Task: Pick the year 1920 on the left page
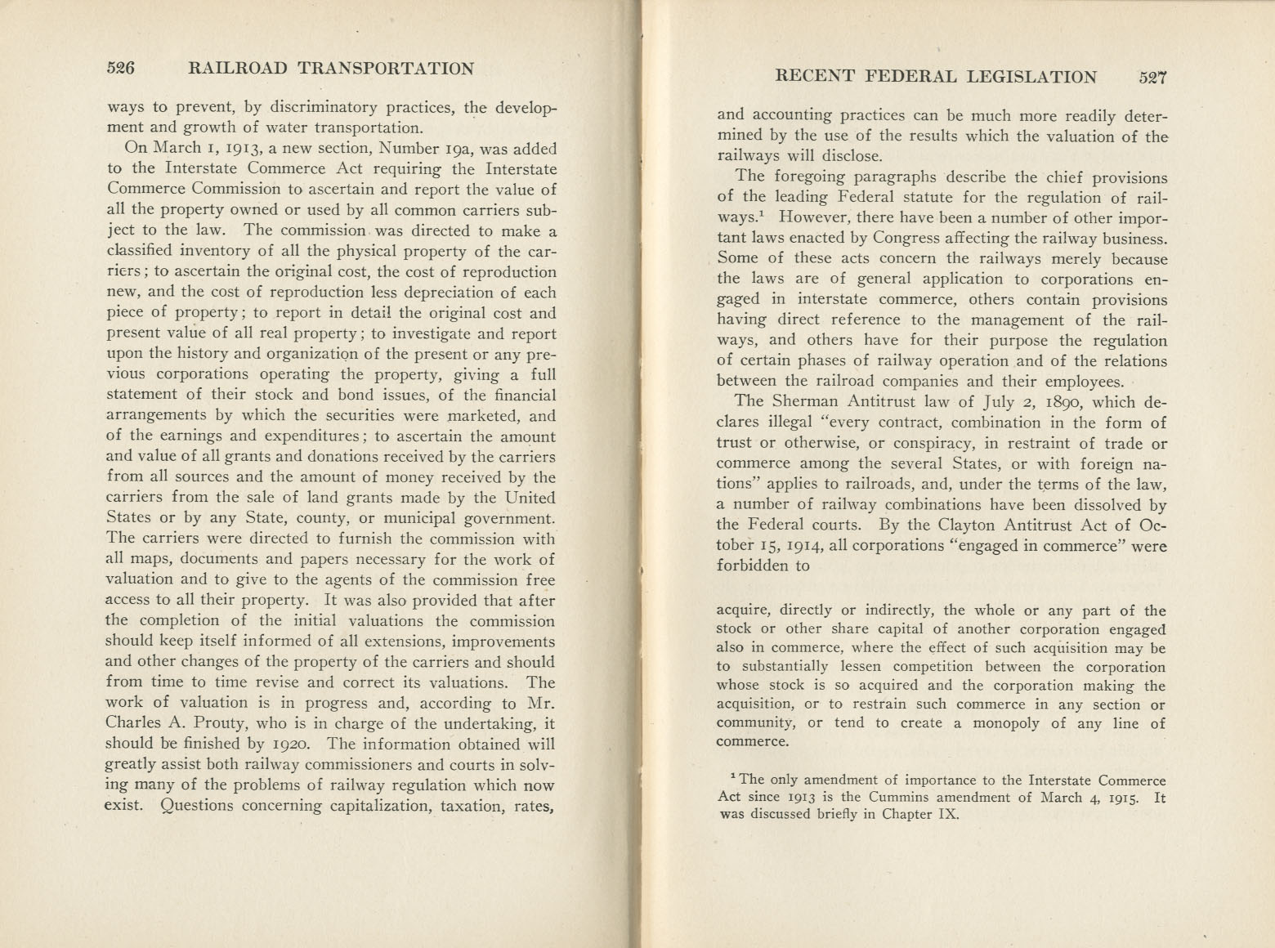click(285, 744)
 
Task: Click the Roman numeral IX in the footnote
click(946, 815)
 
